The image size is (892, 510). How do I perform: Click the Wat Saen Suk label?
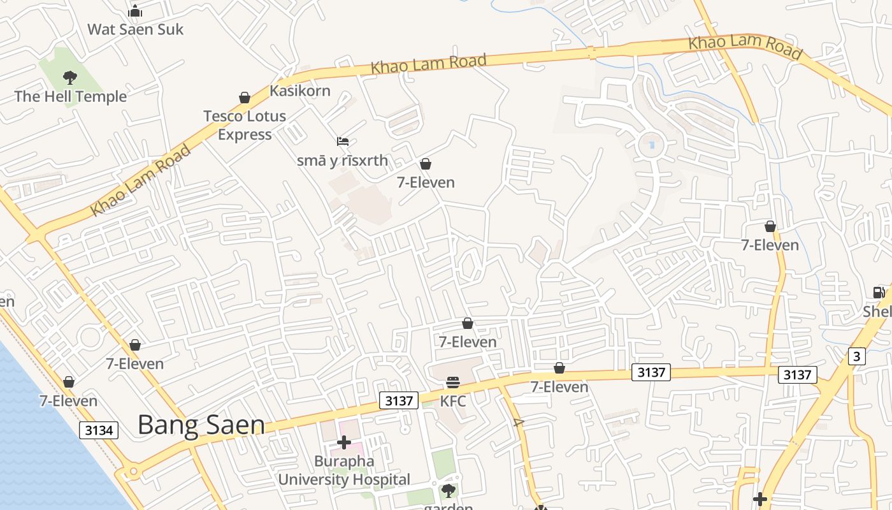coord(135,29)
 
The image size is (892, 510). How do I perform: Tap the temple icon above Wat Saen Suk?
coord(135,11)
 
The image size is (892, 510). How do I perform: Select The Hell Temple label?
coord(71,97)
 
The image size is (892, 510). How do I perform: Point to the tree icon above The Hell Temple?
coord(70,78)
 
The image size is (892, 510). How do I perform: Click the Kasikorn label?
coord(300,91)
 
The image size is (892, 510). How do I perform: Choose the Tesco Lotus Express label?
coord(245,125)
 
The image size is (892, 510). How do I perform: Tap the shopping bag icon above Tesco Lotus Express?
coord(245,98)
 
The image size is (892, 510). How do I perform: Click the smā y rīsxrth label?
coord(342,160)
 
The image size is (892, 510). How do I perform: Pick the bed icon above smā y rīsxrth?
coord(343,142)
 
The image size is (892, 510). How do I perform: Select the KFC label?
coord(453,402)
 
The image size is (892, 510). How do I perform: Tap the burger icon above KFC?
coord(453,382)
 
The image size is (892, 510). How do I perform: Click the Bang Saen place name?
coord(201,425)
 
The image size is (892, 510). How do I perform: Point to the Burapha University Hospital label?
coord(344,470)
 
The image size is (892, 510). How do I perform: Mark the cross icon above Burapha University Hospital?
coord(344,442)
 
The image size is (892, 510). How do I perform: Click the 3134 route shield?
coord(99,430)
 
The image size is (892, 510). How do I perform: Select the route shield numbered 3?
coord(857,356)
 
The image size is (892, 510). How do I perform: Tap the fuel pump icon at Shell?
coord(879,293)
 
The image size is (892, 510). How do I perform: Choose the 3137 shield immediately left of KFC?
coord(399,400)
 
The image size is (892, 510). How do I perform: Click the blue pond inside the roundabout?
coord(651,145)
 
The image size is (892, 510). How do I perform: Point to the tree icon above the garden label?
coord(449,490)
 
